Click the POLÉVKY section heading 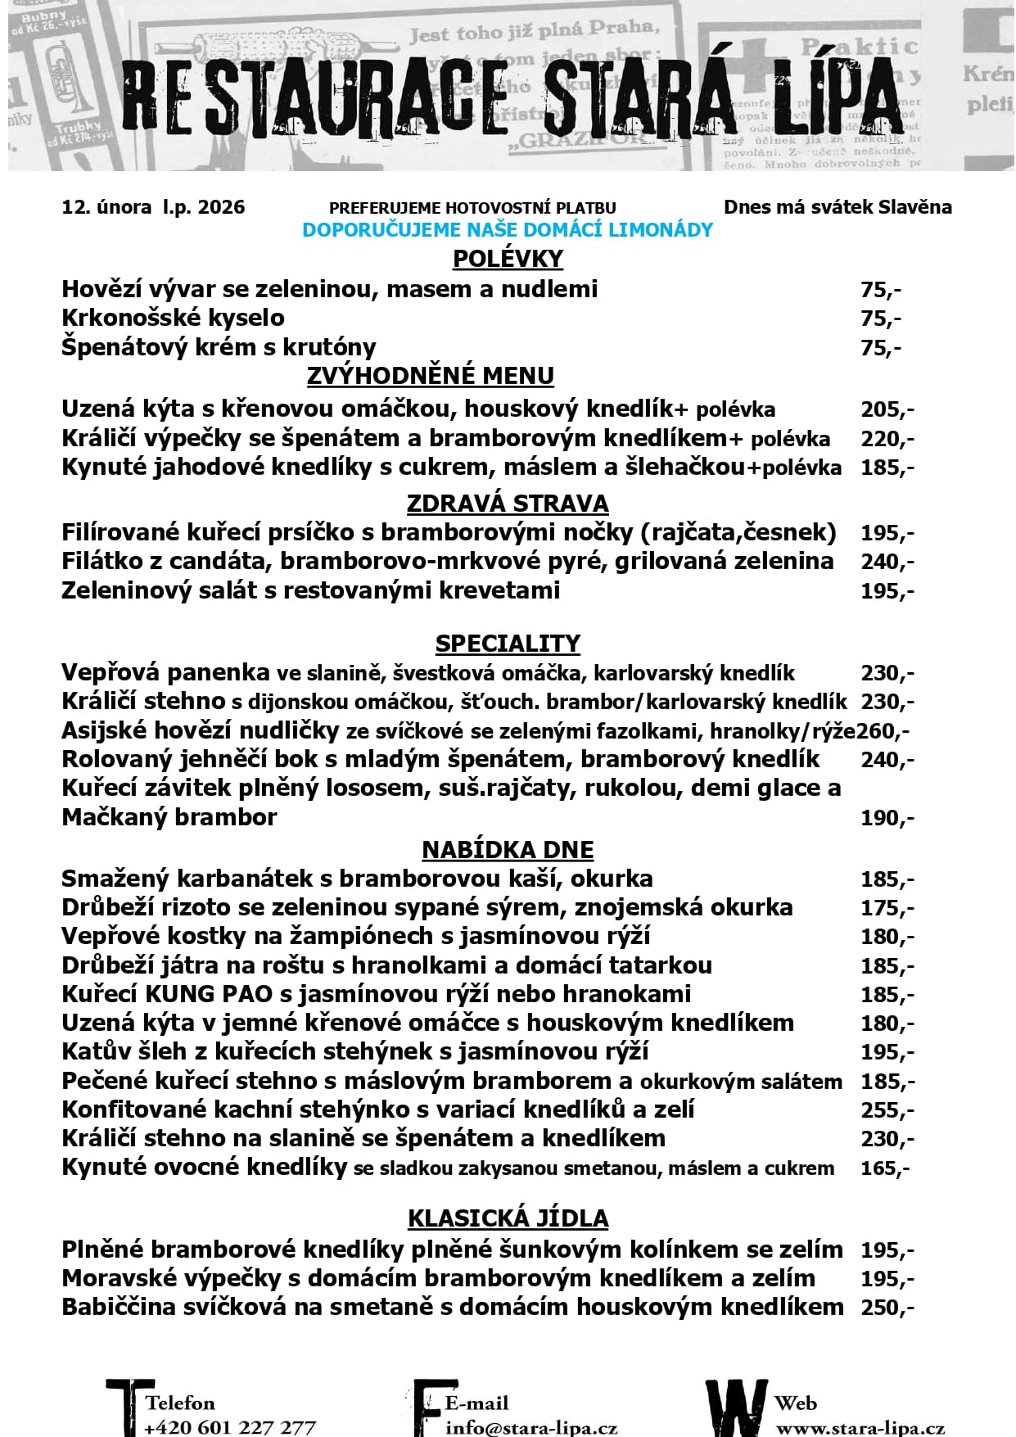click(x=508, y=259)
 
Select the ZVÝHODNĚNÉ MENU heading click(x=430, y=376)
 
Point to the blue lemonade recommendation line click(x=508, y=230)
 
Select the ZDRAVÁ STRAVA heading click(x=508, y=503)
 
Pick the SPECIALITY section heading click(x=508, y=644)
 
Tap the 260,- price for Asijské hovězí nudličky click(x=883, y=730)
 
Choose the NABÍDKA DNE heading click(x=508, y=850)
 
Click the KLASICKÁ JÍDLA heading click(x=508, y=1218)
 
